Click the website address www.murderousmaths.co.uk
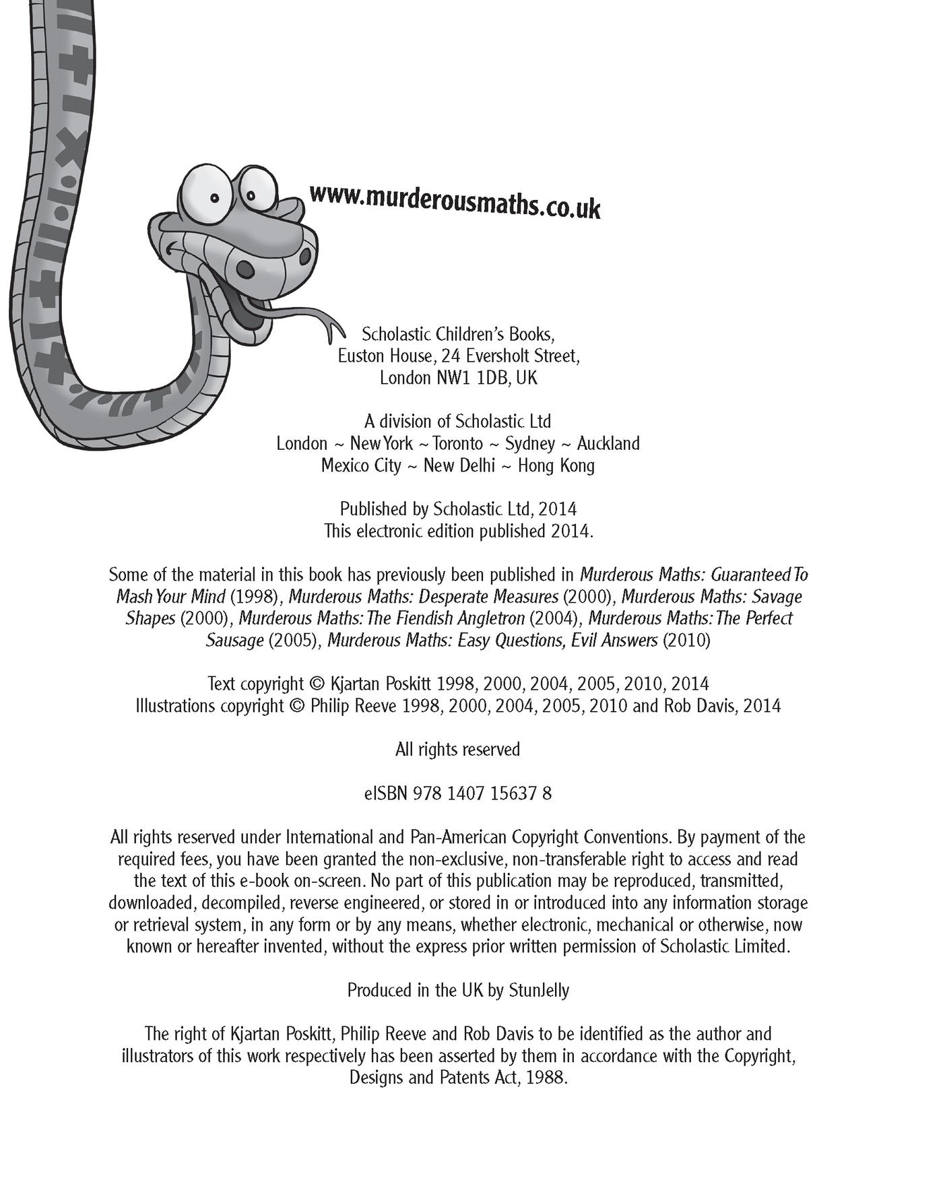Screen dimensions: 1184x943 (x=455, y=201)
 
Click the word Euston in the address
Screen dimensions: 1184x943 (x=362, y=356)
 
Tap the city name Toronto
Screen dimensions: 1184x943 (x=458, y=443)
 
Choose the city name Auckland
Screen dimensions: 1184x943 (x=608, y=443)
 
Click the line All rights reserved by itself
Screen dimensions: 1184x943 (x=457, y=750)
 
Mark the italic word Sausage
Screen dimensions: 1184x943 (x=234, y=640)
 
